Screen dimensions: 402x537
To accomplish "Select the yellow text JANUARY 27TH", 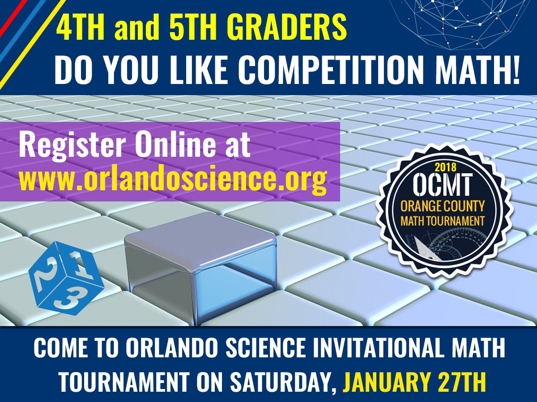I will coord(414,384).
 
